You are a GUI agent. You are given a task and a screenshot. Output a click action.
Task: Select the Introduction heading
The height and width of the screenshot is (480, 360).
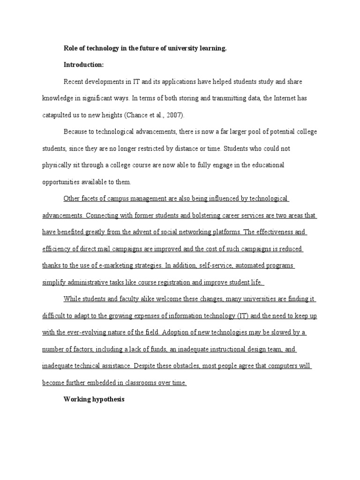point(83,65)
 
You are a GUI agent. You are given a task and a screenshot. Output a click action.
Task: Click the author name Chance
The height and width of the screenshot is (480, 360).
point(133,115)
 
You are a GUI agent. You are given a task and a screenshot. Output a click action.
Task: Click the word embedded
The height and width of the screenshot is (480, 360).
point(104,382)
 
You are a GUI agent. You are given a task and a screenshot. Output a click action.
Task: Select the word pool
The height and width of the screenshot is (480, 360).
point(241,132)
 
